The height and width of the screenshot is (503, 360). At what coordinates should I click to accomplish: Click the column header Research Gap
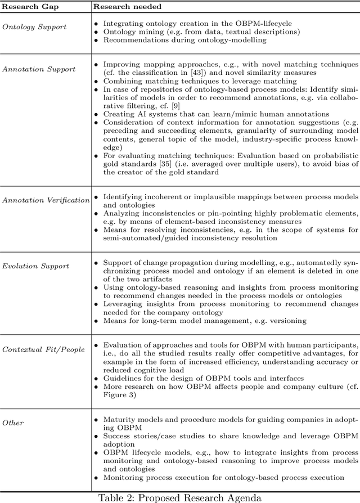[26, 7]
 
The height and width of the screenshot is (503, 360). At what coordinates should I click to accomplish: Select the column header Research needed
[128, 7]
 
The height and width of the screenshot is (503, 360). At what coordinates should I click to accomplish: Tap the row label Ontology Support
[34, 26]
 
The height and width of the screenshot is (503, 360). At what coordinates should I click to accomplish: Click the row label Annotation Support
[38, 69]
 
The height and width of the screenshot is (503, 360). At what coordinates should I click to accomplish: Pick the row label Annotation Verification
[46, 200]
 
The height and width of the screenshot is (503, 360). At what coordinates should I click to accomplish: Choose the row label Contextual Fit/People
[44, 349]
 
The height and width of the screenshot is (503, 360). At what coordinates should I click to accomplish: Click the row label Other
[13, 422]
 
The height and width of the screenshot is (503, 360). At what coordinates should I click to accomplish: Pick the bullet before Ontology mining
[96, 33]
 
